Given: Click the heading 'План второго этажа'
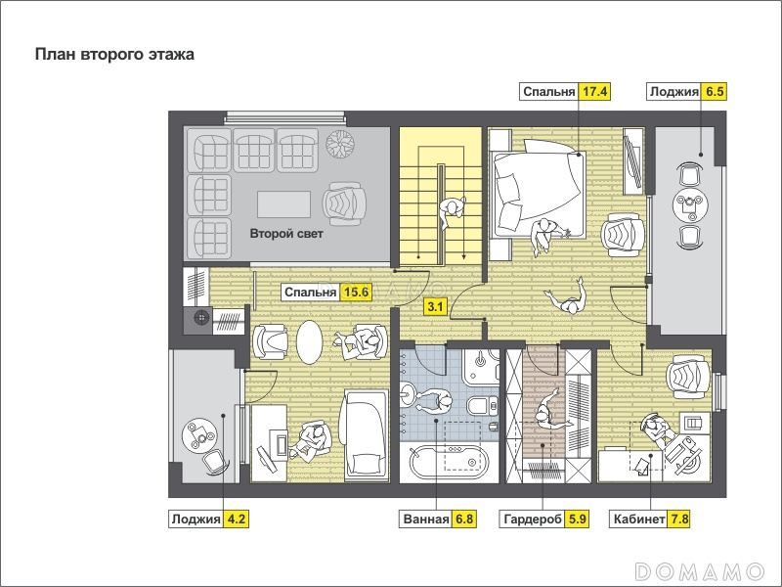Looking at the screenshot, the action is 114,54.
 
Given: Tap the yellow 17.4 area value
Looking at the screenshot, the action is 594,92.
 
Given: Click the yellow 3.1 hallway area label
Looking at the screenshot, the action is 435,306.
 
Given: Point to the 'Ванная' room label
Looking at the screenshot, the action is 426,519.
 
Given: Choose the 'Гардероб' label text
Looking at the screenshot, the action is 533,519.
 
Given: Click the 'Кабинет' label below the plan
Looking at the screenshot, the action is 639,519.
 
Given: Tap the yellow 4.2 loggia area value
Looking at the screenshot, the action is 236,519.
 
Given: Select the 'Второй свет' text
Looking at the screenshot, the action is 286,234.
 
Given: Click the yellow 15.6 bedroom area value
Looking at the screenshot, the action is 356,292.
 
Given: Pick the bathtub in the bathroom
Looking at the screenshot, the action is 448,459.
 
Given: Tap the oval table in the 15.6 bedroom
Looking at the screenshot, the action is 310,341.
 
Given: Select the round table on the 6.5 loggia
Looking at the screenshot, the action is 690,204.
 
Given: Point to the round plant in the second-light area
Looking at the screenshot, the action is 340,144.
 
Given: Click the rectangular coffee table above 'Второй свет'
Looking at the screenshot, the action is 283,204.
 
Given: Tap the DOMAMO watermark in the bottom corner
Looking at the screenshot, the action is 700,571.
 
